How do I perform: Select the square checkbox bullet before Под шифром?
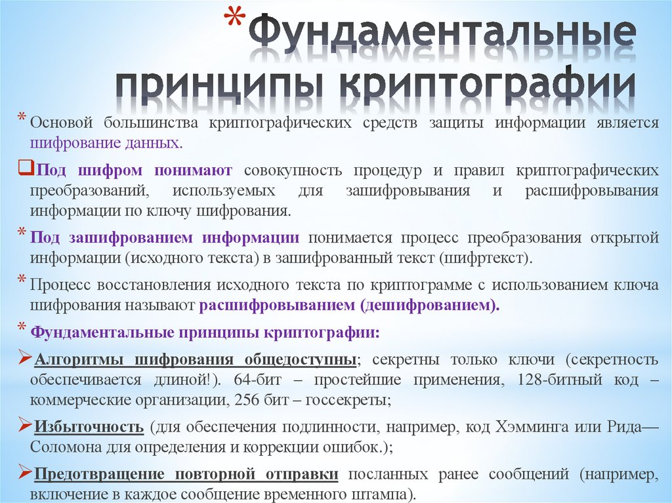pyautogui.click(x=23, y=169)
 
